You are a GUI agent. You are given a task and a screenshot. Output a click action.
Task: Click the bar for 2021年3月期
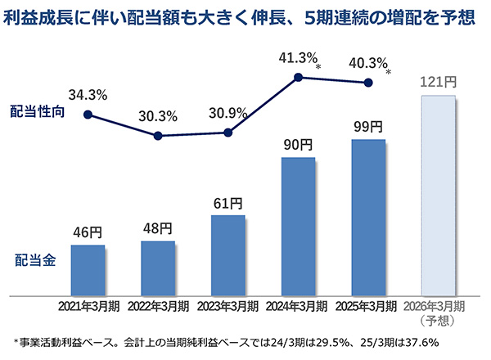pos(88,269)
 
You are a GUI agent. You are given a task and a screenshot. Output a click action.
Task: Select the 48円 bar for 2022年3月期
pos(158,268)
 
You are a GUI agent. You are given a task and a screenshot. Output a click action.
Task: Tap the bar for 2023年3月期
pos(228,254)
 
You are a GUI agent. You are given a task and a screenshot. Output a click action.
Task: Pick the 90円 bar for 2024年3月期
pos(298,225)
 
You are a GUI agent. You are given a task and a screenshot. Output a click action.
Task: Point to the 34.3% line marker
pos(88,115)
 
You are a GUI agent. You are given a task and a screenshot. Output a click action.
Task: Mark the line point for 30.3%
pos(158,136)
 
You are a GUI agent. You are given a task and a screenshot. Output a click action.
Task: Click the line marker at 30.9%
pos(228,133)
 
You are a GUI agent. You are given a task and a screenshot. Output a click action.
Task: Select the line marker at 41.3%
pos(298,78)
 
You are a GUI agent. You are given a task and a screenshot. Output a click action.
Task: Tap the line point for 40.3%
pos(368,82)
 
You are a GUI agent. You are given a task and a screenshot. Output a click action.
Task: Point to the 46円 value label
pos(88,234)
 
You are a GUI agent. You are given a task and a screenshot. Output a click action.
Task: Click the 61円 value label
pos(228,202)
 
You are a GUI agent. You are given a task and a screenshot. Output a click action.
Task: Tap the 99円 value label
pos(368,127)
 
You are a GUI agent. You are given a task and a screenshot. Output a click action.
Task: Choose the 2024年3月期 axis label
pos(298,306)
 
